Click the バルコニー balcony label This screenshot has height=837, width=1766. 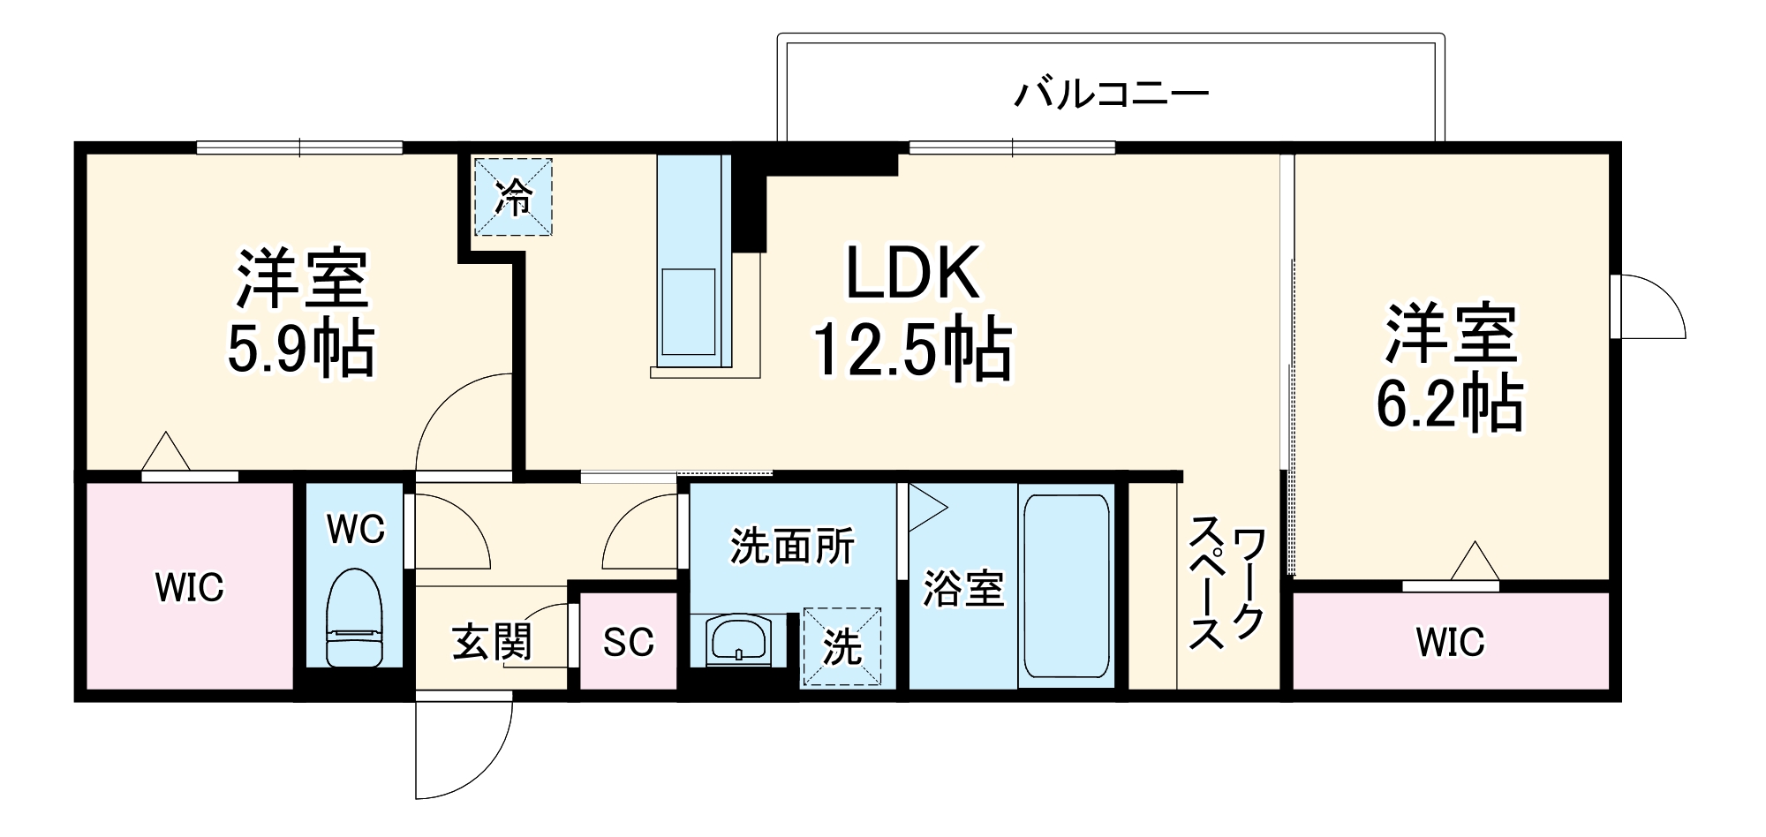1111,94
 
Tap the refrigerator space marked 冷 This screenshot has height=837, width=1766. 513,197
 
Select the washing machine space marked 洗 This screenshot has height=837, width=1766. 841,647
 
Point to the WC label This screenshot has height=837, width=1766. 356,530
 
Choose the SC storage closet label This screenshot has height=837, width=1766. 628,643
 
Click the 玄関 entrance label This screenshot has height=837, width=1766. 492,642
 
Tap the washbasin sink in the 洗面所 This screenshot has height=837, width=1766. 738,638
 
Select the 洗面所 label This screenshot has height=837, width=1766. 792,547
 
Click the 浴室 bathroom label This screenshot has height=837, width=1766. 963,589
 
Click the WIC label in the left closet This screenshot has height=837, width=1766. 189,587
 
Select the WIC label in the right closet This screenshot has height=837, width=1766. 1450,642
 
